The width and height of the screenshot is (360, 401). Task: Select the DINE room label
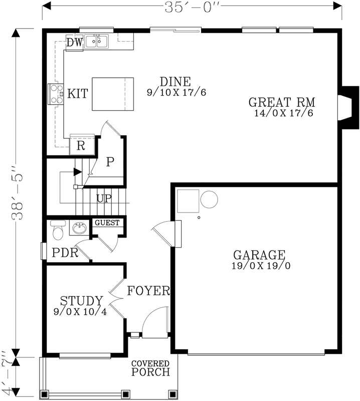(x=175, y=81)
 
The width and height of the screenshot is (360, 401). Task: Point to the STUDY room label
(x=81, y=301)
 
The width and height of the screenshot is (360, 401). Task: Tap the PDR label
(x=65, y=253)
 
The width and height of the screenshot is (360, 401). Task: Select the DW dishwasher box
(x=74, y=43)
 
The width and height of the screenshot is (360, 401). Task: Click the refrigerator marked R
(x=81, y=146)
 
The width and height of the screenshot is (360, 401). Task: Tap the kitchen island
(x=112, y=94)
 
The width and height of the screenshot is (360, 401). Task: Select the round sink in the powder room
(x=79, y=229)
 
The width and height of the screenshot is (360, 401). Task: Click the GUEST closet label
(x=107, y=223)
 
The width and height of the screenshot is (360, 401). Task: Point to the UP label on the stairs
(x=104, y=198)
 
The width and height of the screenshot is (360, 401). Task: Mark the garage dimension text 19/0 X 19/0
(x=260, y=266)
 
